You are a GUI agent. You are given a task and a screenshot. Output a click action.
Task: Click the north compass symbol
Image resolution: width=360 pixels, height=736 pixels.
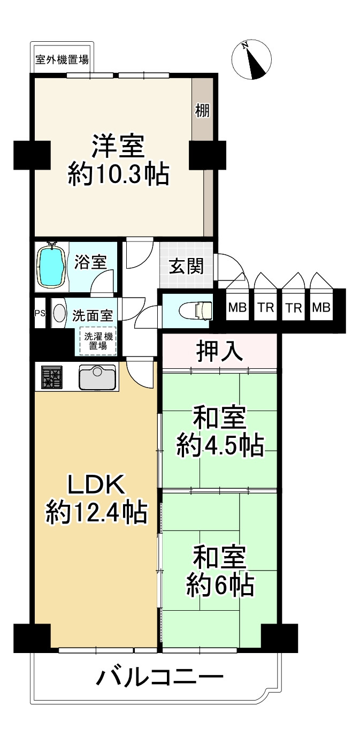coord(251,60)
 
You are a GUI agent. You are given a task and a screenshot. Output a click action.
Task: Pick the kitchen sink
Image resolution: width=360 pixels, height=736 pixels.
coord(97,377)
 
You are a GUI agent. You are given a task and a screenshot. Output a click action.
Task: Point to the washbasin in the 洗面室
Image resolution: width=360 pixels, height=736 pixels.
coord(59,313)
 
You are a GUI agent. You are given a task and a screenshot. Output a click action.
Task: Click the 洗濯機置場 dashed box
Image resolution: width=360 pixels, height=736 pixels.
coord(97,341)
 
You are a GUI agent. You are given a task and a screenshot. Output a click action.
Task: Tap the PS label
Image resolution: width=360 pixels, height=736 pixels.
coord(40,313)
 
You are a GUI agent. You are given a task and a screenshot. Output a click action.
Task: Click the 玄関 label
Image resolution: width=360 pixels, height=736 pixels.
coord(186,266)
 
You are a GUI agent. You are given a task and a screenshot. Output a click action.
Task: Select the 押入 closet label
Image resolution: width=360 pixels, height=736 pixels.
coord(220,351)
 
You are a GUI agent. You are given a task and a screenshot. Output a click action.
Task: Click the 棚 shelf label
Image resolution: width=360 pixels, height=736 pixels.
coord(202,110)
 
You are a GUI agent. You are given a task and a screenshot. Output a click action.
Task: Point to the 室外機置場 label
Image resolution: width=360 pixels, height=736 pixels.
coord(62,60)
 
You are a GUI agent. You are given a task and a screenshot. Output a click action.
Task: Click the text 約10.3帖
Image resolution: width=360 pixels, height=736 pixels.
coord(119,174)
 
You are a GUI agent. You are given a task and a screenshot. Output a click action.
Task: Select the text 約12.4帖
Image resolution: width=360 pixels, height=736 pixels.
coord(96,513)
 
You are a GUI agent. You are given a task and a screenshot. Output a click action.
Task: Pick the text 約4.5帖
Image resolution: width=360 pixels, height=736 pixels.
coord(220,445)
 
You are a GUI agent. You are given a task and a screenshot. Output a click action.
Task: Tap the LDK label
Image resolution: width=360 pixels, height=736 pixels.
coord(96,484)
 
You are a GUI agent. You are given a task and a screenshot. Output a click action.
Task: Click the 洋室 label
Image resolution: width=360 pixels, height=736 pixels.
coord(118,147)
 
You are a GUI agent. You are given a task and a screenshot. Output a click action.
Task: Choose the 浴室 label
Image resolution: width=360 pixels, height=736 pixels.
coord(90,262)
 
